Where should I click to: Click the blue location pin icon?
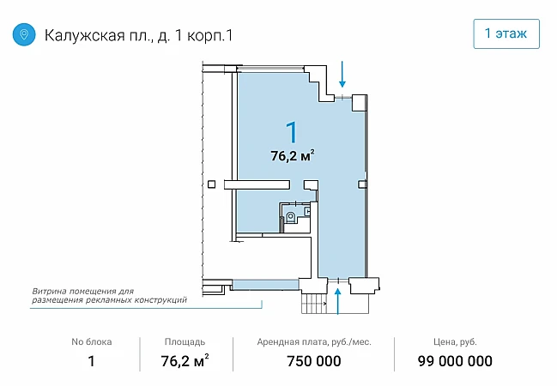24,34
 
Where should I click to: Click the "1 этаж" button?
506,33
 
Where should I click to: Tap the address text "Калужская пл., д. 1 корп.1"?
138,35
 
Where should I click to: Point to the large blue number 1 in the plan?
292,132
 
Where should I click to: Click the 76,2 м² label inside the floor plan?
293,155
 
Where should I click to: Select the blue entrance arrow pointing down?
342,75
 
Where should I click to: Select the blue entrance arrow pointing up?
338,301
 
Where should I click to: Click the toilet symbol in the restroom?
291,217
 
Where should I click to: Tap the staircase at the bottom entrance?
314,304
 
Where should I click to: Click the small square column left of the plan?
211,184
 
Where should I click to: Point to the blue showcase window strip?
265,285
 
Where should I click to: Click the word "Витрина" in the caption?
50,292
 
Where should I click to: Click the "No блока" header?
92,342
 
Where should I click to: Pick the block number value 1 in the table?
91,361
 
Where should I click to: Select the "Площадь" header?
185,342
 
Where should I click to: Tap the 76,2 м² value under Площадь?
185,361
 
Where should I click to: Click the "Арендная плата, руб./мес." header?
314,342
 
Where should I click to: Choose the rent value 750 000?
314,361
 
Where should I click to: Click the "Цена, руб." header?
455,342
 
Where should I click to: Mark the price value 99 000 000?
455,361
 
